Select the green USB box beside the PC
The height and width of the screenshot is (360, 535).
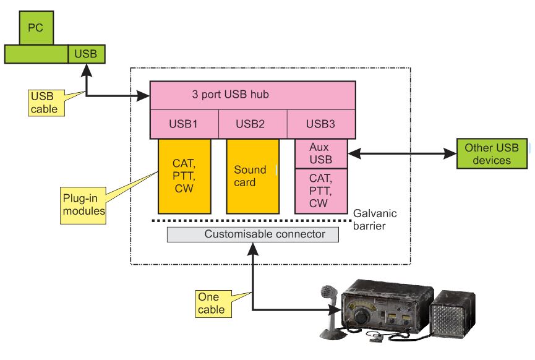[86, 54]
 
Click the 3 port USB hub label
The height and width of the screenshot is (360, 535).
[231, 95]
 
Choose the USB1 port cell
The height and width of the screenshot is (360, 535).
[184, 124]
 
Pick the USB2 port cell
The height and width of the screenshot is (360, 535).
[252, 124]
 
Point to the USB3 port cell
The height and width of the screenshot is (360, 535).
[320, 124]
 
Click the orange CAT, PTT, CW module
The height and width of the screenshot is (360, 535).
[184, 176]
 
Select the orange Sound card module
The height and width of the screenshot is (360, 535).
[252, 176]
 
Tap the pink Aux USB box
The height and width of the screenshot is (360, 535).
[320, 154]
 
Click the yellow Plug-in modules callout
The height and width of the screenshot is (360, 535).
[83, 204]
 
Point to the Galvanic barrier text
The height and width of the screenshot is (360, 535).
[375, 220]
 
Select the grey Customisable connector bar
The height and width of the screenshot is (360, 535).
[254, 234]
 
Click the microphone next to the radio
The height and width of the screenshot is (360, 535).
[330, 309]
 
